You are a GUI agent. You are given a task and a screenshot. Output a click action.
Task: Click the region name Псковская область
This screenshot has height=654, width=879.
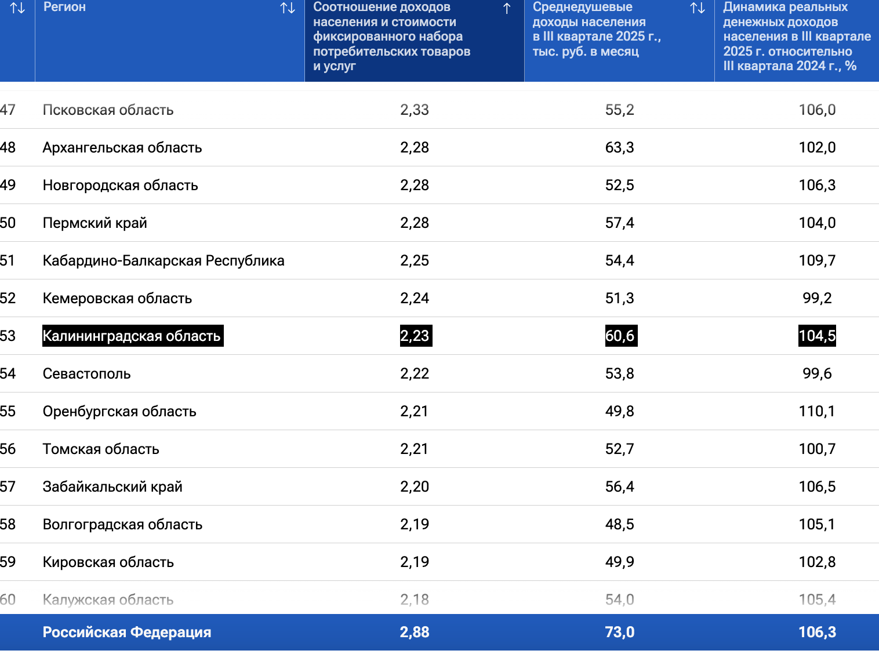coord(108,110)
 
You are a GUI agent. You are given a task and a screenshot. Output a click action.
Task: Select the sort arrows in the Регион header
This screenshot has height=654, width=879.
coord(288,8)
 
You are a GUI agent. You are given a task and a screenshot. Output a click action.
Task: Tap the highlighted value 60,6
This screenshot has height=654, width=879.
coord(620,336)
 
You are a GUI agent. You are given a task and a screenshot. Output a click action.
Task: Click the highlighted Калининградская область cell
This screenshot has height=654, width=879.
coord(132,336)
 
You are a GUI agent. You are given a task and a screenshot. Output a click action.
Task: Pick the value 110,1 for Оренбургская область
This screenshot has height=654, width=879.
coord(817,411)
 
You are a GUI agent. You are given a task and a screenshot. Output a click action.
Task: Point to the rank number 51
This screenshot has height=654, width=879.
coord(8,260)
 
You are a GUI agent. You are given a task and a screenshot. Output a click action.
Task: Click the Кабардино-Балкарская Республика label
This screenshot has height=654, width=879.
coord(164,260)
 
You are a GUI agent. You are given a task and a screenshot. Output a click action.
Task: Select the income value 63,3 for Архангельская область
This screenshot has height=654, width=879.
coord(620,147)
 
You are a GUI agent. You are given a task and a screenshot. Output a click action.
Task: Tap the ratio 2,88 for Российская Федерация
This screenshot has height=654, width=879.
coord(415,632)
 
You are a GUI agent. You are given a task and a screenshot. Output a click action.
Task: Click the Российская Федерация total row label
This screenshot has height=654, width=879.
coord(127,632)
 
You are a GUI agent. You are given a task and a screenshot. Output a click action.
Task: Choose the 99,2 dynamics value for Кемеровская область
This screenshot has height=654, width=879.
coord(817,298)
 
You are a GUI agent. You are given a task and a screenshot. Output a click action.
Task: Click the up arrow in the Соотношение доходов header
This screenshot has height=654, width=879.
coord(507,8)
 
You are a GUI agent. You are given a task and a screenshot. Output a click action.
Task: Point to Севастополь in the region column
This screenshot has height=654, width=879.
coord(87,373)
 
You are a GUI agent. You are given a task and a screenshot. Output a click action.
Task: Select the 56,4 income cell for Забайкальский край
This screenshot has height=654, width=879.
coord(620,486)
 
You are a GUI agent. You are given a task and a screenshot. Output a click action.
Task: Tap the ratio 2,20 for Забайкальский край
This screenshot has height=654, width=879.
coord(415,486)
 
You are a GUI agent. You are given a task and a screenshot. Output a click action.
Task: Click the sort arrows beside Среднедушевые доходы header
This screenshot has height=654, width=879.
coord(698,8)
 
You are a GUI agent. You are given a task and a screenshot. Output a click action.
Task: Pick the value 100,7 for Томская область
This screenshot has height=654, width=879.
coord(817,449)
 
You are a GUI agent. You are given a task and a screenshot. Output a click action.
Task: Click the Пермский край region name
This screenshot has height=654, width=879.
coord(95,223)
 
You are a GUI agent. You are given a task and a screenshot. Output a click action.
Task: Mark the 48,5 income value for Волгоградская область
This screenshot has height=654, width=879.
coord(620,524)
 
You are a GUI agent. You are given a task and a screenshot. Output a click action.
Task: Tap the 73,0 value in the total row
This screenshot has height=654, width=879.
coord(620,632)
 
